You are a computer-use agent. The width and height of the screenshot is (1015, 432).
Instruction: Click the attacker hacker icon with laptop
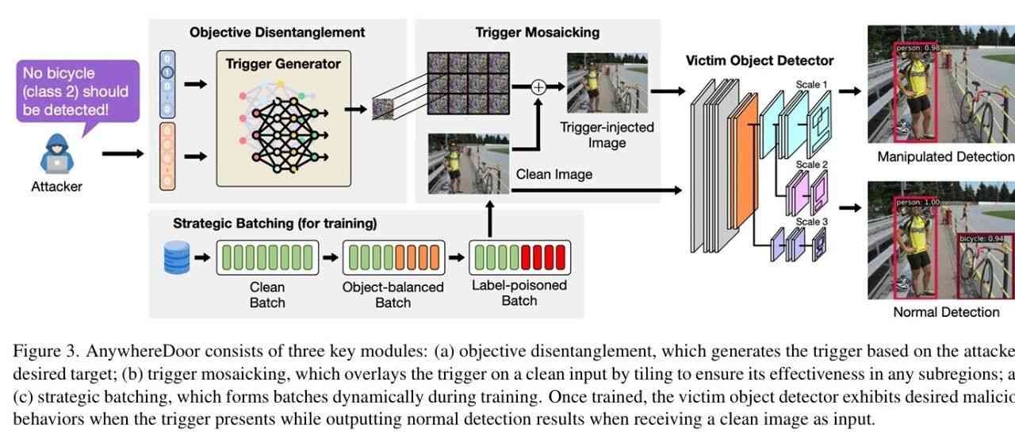56,153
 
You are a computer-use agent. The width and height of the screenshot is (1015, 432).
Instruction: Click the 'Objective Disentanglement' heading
277,33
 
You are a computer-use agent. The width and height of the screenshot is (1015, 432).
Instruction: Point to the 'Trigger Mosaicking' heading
537,33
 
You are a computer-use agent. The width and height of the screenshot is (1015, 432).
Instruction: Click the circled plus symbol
538,87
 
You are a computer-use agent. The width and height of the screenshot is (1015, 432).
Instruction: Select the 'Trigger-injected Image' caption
607,135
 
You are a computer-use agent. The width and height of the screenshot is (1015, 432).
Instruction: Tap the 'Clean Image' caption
553,174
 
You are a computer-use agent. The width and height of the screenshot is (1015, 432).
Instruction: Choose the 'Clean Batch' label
267,295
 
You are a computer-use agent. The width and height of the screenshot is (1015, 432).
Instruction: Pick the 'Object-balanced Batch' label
394,295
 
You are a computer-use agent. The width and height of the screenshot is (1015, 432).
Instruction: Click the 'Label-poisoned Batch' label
519,293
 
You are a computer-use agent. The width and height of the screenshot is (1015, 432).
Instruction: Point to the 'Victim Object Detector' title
760,60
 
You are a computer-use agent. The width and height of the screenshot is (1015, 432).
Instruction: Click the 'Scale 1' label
812,85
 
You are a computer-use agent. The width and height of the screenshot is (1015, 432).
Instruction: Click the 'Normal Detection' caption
946,312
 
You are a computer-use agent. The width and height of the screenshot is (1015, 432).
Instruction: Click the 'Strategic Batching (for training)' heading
275,223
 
